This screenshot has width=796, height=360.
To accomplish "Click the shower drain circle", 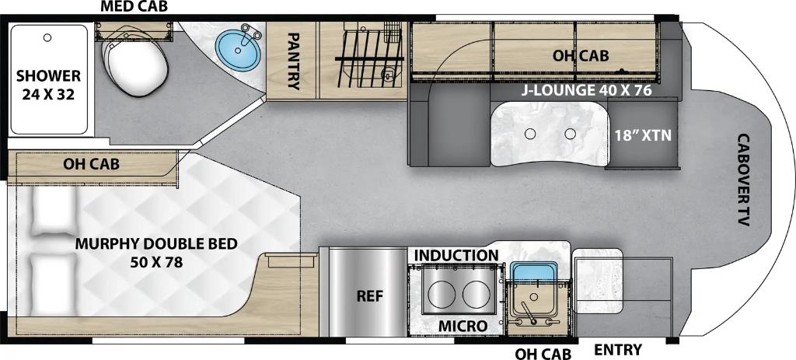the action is pos(47,37).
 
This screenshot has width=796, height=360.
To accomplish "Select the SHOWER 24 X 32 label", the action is pos(48,84).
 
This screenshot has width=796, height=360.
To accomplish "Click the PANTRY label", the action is pos(293,61).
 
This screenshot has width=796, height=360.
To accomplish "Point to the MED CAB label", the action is pos(134,6).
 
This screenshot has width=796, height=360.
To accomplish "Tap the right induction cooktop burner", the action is pos(476,293).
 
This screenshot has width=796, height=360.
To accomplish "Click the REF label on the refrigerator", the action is pos(369,296).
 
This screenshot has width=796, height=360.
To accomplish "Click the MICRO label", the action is pos(463,326).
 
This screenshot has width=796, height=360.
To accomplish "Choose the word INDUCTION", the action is pos(456,255).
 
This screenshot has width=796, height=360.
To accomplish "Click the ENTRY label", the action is pos(618,350).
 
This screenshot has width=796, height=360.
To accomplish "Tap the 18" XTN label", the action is pos(643,135).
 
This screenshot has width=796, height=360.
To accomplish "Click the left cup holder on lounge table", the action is pos(530,134).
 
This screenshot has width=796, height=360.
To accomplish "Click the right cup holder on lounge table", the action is pos(571,134).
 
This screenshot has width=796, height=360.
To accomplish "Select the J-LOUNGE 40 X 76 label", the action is pos(588,91).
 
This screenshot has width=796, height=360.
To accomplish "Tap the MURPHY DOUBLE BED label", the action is pos(156,253).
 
